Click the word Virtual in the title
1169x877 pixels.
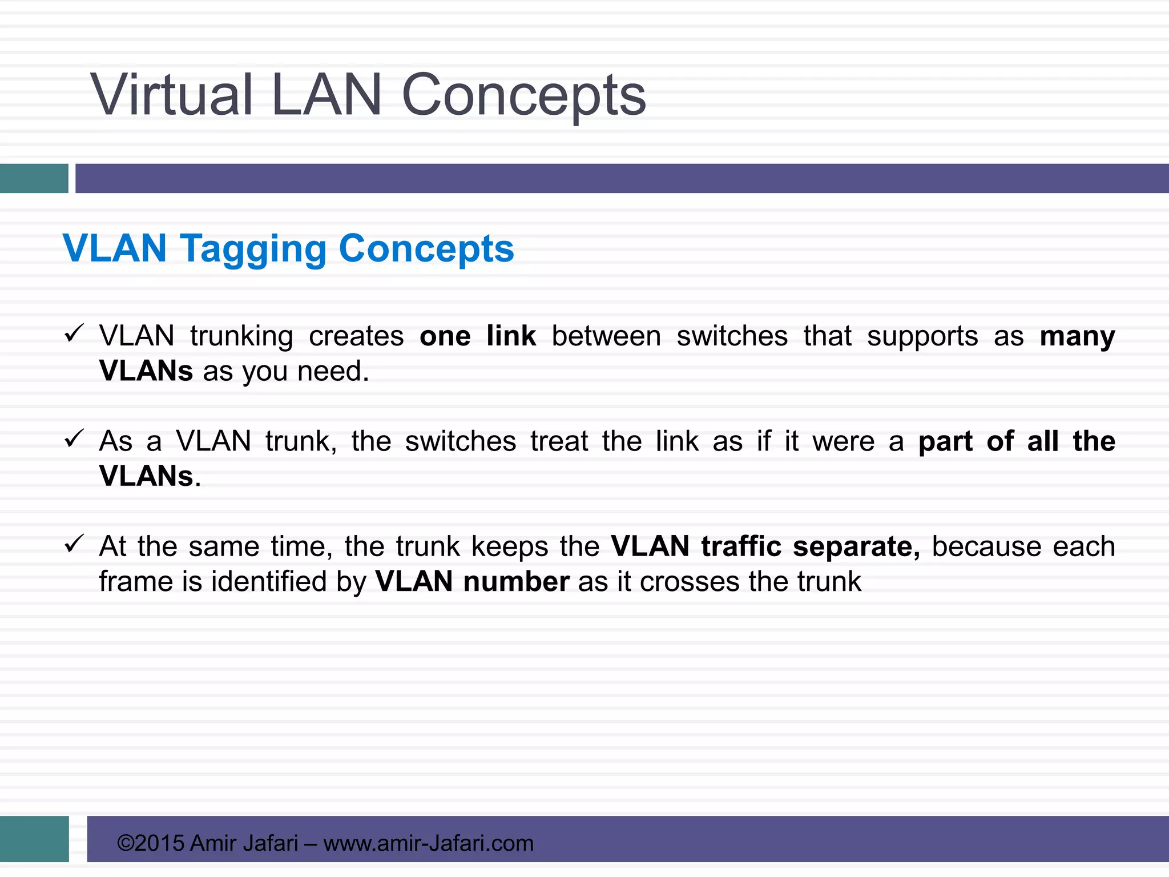(x=171, y=95)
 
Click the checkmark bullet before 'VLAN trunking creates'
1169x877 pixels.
(x=74, y=333)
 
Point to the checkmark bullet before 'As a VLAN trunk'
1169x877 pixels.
(x=74, y=438)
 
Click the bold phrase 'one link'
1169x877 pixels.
(x=477, y=336)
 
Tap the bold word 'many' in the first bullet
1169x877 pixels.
(x=1077, y=337)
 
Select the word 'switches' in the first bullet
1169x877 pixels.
(x=732, y=336)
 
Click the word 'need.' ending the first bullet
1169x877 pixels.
(x=333, y=371)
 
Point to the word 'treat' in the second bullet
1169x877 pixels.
(x=559, y=441)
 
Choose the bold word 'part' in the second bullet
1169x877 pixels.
(x=945, y=442)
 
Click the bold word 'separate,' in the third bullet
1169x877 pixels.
(x=856, y=547)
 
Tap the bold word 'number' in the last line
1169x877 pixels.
(x=516, y=582)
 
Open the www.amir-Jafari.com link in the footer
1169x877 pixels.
(x=428, y=843)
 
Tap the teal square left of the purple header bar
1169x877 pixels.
(x=34, y=178)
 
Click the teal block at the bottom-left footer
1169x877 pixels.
(x=34, y=839)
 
